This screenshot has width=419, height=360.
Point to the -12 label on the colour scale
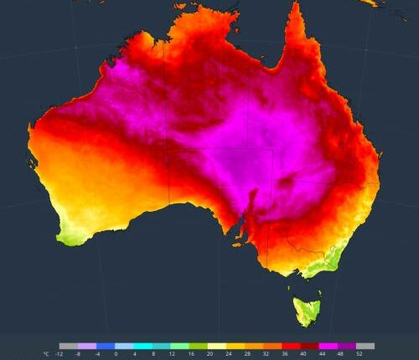tap(59, 354)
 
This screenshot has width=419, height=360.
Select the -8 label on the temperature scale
tap(78, 354)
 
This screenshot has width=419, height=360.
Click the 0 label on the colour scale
tap(116, 354)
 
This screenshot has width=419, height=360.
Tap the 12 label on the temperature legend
tap(173, 354)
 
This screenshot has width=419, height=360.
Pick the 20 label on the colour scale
tap(210, 354)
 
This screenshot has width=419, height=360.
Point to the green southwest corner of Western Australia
tap(67, 236)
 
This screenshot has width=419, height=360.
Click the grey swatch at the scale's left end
tap(68, 345)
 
